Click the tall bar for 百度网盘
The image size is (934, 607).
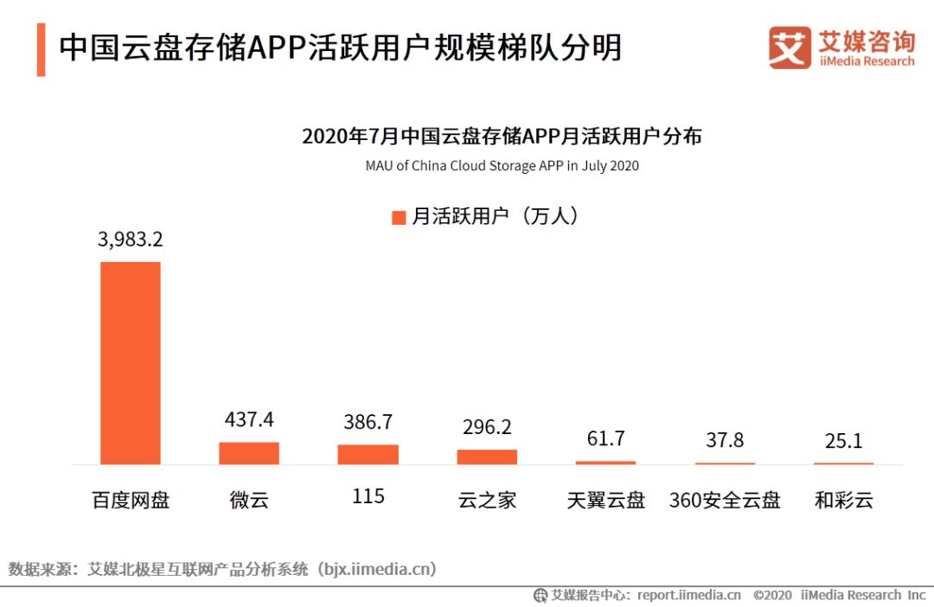(x=131, y=362)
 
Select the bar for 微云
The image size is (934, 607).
(x=249, y=453)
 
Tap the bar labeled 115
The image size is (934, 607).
(x=368, y=455)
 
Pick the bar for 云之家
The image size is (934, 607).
(x=487, y=457)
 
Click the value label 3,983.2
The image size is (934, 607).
(x=131, y=240)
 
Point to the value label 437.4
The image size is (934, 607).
(x=249, y=420)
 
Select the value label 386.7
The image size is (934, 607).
(x=368, y=422)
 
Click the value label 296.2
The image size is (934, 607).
(x=487, y=427)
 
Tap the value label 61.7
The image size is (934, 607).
(x=605, y=438)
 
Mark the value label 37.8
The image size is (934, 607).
(x=725, y=440)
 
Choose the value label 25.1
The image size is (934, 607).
(x=843, y=441)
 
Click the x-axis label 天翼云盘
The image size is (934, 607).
(x=605, y=500)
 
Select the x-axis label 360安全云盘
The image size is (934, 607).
(x=725, y=500)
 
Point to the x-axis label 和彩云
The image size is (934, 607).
(x=843, y=500)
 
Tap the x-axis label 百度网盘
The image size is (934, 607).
(x=131, y=500)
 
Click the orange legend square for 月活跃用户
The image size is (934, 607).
(x=399, y=217)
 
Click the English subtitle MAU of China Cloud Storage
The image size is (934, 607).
(x=502, y=165)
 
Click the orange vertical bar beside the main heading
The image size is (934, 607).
(x=41, y=49)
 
